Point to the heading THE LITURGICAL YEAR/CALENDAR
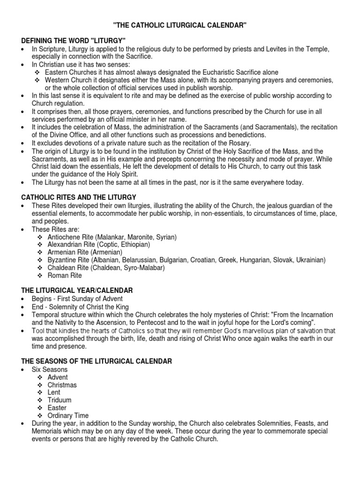76,291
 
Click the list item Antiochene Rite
112,237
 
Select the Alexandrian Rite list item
98,245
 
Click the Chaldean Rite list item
105,268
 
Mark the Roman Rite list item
65,276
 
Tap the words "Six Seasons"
50,369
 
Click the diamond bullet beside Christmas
40,385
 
